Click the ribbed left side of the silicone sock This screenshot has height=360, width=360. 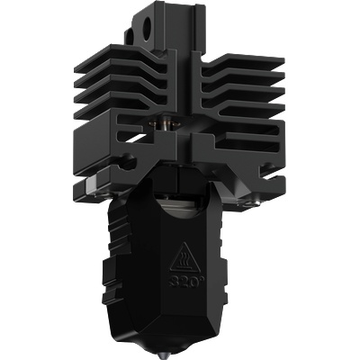click(x=115, y=261)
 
